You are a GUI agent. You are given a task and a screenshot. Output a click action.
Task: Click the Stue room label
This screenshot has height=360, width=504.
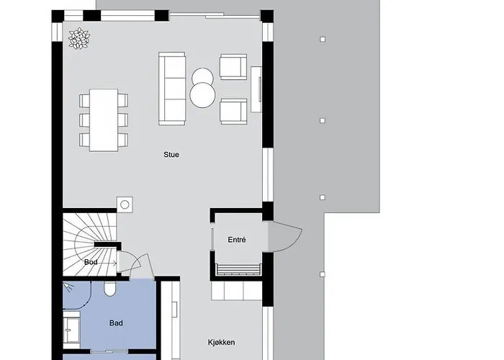[x=171, y=155]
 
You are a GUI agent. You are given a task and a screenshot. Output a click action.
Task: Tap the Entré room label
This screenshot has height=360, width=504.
[x=237, y=240]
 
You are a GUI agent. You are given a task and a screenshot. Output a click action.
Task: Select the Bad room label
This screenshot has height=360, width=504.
[x=116, y=323]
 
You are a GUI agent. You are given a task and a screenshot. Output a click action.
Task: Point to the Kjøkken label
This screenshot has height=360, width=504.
[x=222, y=342]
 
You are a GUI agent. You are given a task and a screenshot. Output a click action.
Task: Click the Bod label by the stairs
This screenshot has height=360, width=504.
[x=91, y=262]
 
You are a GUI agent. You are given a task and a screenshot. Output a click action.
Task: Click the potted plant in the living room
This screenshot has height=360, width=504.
[x=79, y=39]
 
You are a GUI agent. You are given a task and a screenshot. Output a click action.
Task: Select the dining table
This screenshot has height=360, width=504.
[x=104, y=120]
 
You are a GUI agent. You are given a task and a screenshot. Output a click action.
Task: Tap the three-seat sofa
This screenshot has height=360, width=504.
[x=172, y=89]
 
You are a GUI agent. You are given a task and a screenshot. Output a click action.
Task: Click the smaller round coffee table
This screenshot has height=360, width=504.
[x=202, y=76]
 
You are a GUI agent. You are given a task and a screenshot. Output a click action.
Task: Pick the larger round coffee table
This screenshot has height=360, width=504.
[x=202, y=95]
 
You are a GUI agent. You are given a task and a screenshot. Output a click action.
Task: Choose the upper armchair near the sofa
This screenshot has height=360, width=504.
[x=233, y=66]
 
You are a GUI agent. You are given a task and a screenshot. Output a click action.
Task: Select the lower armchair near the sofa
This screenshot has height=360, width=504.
[x=233, y=111]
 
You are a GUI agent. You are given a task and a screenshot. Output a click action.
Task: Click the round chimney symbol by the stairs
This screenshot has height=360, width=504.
[x=125, y=204]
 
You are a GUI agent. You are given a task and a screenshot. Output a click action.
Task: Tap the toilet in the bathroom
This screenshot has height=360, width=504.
[x=109, y=289]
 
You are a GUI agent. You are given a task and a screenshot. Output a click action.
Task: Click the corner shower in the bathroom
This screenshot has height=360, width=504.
[x=77, y=295]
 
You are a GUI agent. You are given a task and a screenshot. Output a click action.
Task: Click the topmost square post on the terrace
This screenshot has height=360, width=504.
[x=323, y=39]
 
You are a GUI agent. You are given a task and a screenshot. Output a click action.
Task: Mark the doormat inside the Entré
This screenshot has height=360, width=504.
[x=238, y=270]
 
